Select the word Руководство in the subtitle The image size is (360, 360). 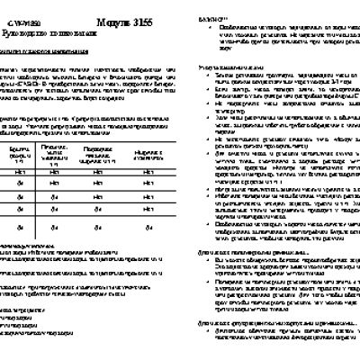point(27,29)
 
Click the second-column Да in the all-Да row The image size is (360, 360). point(53,229)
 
